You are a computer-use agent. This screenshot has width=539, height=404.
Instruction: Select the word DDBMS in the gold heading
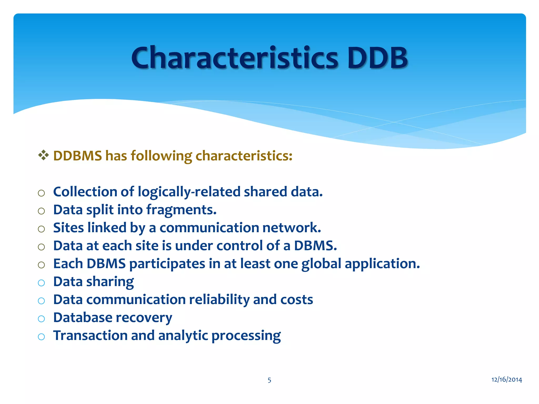pyautogui.click(x=77, y=156)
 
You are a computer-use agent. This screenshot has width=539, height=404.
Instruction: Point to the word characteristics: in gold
pyautogui.click(x=244, y=156)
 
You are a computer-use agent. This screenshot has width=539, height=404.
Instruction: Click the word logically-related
pyautogui.click(x=189, y=192)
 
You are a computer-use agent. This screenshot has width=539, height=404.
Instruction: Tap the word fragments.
pyautogui.click(x=181, y=210)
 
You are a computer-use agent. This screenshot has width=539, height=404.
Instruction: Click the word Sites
pyautogui.click(x=68, y=228)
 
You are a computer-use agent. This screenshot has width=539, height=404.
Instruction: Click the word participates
pyautogui.click(x=167, y=264)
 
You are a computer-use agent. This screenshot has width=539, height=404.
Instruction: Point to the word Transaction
pyautogui.click(x=90, y=336)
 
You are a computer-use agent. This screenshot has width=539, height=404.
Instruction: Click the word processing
pyautogui.click(x=246, y=336)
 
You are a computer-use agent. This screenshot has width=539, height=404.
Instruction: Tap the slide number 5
pyautogui.click(x=269, y=380)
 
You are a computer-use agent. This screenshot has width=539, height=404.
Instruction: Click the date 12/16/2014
pyautogui.click(x=507, y=380)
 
